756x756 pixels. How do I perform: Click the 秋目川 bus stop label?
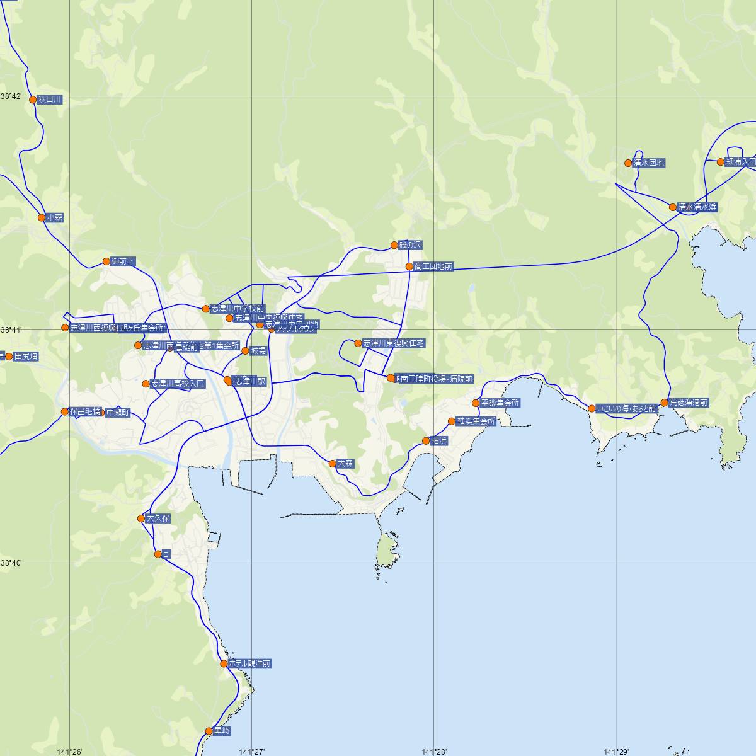(x=50, y=100)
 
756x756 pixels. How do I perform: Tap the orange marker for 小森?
(x=42, y=218)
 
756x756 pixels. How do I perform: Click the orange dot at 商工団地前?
(x=409, y=266)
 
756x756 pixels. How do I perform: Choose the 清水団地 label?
(x=649, y=163)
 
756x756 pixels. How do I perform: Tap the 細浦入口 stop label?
(x=740, y=162)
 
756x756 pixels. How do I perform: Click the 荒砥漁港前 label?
(x=689, y=403)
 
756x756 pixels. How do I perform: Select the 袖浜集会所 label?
(x=476, y=421)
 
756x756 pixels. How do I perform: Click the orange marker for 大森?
(x=333, y=464)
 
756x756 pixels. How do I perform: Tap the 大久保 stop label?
(x=158, y=518)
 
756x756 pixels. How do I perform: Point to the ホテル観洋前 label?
(x=249, y=663)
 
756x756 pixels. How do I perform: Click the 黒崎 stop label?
(x=222, y=731)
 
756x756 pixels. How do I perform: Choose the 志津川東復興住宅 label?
(x=394, y=343)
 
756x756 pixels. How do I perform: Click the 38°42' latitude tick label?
(x=11, y=96)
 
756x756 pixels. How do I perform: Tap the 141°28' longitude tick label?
(x=434, y=751)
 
